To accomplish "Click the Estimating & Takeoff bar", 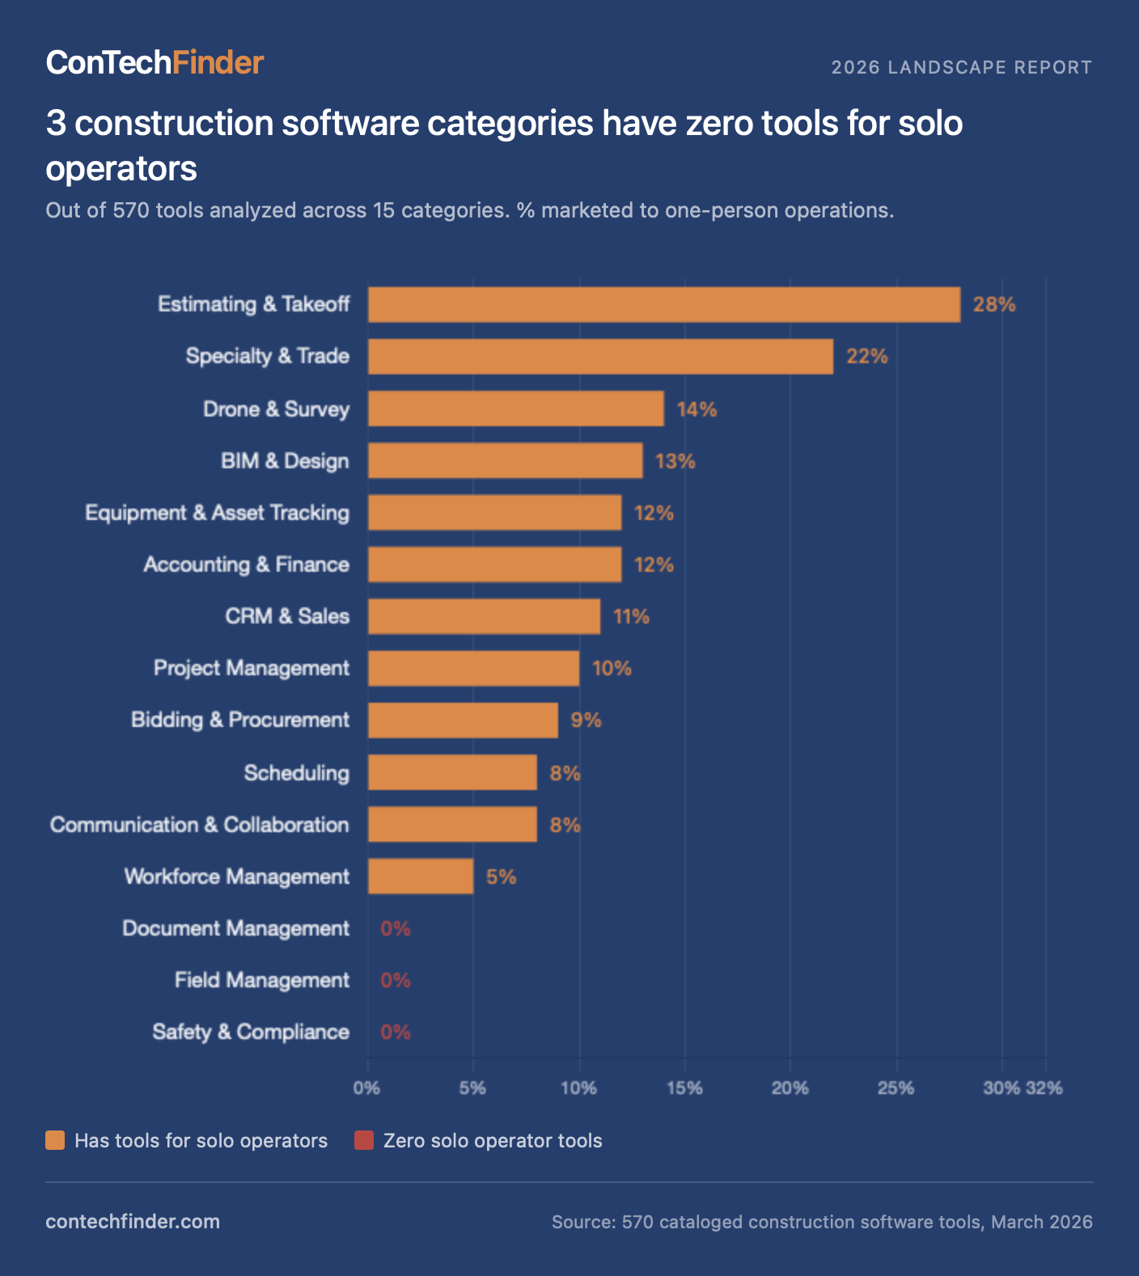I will [x=663, y=305].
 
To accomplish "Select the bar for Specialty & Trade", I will [x=600, y=357].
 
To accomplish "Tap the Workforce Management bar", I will [x=421, y=877].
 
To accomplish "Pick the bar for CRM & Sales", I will [x=484, y=616].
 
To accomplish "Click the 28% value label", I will [x=994, y=305].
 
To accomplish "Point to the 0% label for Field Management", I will [x=396, y=981].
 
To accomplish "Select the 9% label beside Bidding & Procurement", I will [x=586, y=720].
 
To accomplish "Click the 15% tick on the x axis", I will [x=684, y=1088].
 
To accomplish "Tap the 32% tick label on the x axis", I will [x=1045, y=1088].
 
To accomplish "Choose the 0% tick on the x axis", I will [x=366, y=1088].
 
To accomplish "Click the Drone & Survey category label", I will [x=276, y=409].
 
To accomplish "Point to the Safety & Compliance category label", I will [x=251, y=1033].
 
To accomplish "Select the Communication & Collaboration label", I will [x=200, y=825].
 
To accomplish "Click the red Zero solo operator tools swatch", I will [x=364, y=1141].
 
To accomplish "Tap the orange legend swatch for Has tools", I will [x=55, y=1141].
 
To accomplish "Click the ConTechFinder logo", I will [x=155, y=63].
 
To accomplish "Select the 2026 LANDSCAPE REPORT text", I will [x=961, y=67].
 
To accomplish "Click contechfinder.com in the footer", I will [x=133, y=1222].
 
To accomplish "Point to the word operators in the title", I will [x=121, y=169].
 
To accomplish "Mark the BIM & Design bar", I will [x=505, y=461].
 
